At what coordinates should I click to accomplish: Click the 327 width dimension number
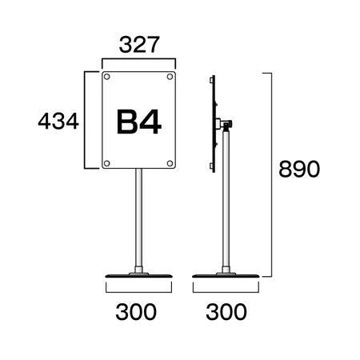click(x=139, y=45)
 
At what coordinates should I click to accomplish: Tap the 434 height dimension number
click(x=58, y=122)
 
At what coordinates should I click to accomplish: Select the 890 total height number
click(x=299, y=169)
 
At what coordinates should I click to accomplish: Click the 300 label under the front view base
click(x=136, y=312)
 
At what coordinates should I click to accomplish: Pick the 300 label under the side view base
click(x=226, y=312)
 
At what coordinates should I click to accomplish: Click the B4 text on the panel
click(x=139, y=122)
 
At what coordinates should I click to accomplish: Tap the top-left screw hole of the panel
click(x=107, y=77)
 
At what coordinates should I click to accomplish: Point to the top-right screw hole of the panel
click(x=170, y=77)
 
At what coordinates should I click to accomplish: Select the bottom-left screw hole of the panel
click(x=107, y=163)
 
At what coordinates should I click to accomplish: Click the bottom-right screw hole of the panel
click(x=170, y=163)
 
